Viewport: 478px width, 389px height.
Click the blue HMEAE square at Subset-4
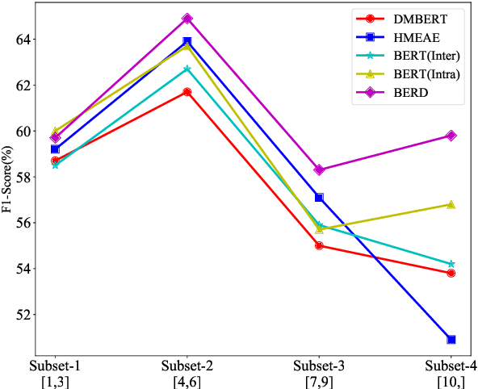pos(451,340)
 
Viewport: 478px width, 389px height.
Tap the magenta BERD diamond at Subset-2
pos(187,19)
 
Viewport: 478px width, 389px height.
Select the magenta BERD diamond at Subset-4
pos(451,136)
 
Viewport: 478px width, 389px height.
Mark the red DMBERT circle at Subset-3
pos(319,245)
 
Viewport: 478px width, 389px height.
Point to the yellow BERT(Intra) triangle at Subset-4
pos(451,204)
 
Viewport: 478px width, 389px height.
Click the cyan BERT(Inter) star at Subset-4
pos(451,264)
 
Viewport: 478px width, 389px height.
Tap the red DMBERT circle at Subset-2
pos(187,92)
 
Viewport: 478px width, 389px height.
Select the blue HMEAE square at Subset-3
pos(319,198)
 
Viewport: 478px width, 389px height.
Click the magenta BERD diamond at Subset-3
pos(319,169)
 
